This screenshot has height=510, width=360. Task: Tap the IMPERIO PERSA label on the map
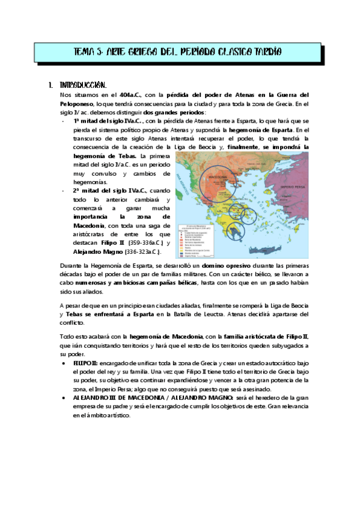293,188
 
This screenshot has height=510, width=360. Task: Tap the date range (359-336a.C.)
139,243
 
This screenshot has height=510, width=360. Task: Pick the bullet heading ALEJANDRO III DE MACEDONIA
117,398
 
